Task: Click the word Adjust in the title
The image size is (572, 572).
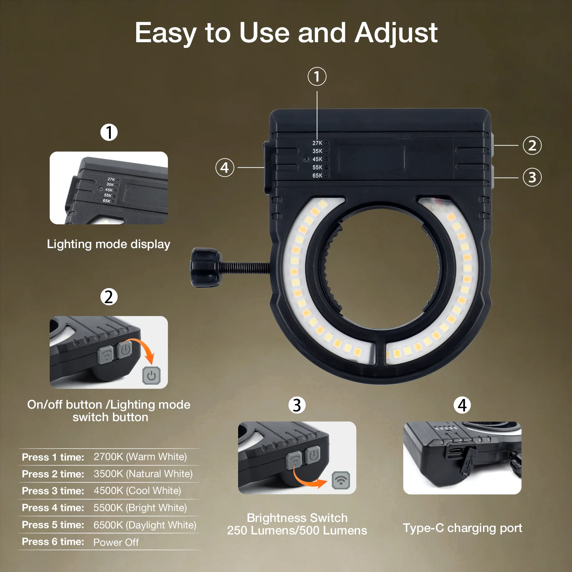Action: coord(396,33)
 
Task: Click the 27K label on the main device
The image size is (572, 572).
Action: coord(317,143)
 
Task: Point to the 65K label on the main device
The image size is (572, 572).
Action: coord(317,176)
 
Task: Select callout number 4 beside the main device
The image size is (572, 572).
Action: coord(225,167)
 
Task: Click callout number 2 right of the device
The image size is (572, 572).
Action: coord(532,146)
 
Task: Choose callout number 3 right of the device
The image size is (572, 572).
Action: coord(532,177)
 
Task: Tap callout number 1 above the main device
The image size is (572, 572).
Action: coord(317,77)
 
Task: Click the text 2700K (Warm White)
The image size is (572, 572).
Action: coord(140,457)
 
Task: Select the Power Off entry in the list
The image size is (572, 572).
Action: coord(116,542)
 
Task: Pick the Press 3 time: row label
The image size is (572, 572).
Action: coord(53,491)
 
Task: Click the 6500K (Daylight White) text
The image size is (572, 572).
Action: coord(145,525)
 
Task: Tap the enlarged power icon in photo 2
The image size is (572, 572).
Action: coord(152,375)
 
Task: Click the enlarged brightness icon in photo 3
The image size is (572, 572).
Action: coord(341,480)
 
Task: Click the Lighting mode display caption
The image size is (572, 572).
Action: coord(109,244)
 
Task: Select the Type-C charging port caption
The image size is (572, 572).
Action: coord(462,528)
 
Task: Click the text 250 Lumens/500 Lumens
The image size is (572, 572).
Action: coord(297,531)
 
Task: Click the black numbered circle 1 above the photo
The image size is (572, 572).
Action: coord(109,132)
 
